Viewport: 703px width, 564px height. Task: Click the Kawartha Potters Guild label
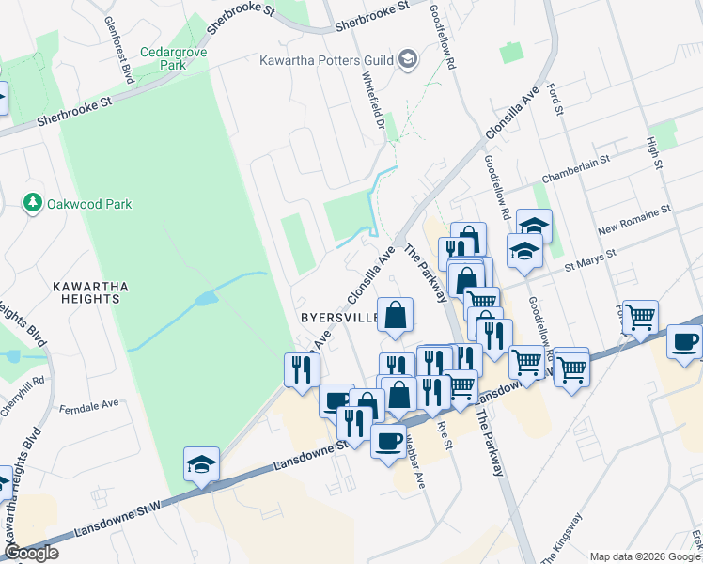point(326,60)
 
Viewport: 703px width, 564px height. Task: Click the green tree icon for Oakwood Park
point(33,202)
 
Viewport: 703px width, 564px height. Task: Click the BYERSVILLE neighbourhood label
point(339,318)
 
